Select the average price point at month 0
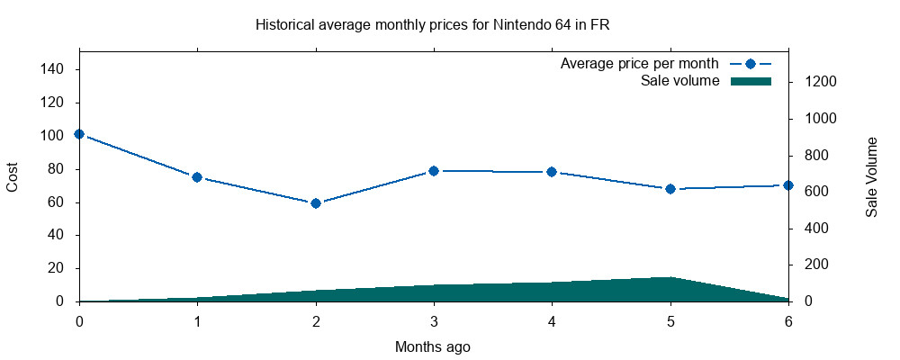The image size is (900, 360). click(x=79, y=134)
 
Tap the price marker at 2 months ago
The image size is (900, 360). click(x=316, y=203)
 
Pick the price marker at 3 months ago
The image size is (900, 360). click(x=434, y=171)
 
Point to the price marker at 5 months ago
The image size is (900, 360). click(x=670, y=189)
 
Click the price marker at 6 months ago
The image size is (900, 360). click(x=788, y=185)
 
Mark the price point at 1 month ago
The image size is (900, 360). click(x=197, y=177)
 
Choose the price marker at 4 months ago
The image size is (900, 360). click(x=552, y=172)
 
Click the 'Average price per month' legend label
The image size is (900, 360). click(x=639, y=64)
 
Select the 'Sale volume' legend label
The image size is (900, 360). click(x=679, y=81)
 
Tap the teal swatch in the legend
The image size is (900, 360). click(x=751, y=81)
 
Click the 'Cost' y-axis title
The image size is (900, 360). click(x=13, y=176)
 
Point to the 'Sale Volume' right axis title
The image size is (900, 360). click(x=871, y=176)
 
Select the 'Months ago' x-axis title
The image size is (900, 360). click(x=433, y=346)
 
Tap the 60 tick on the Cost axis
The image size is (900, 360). click(x=58, y=202)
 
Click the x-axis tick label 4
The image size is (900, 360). click(x=552, y=320)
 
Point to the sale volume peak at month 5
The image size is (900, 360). click(x=670, y=277)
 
